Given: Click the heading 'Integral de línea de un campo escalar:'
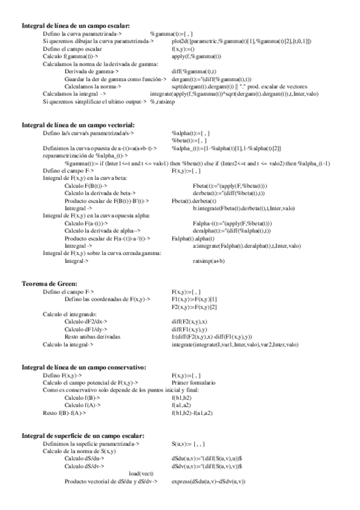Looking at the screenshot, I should tap(76, 26).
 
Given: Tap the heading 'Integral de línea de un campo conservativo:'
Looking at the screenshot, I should tap(84, 367).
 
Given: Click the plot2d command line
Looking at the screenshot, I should tap(241, 41).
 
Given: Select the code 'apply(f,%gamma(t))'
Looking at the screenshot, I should tap(197, 57).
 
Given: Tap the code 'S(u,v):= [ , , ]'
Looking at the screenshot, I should tap(191, 443).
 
